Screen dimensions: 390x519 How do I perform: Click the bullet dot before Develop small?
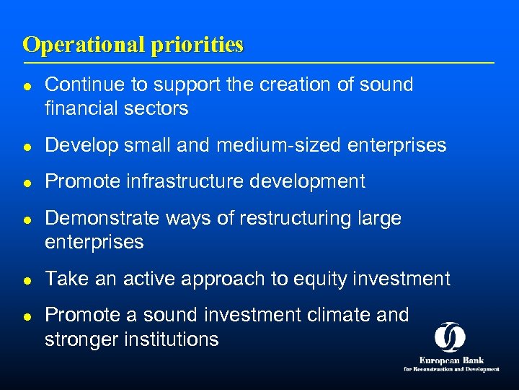click(27, 146)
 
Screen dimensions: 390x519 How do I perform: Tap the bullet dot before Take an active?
click(27, 279)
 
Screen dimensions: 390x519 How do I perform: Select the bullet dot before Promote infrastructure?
click(27, 182)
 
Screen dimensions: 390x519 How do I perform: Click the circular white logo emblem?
click(450, 337)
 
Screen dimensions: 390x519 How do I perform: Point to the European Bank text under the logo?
click(451, 360)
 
